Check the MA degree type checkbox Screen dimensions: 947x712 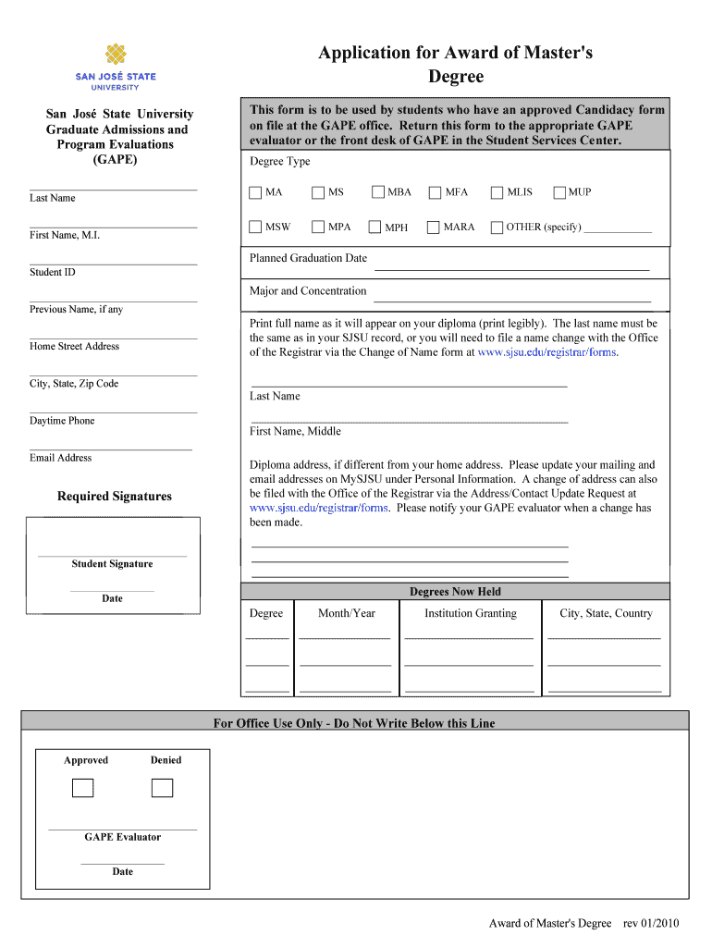[256, 192]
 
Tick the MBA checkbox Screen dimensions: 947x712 [378, 192]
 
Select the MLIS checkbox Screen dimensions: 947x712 [497, 192]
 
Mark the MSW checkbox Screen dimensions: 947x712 [256, 227]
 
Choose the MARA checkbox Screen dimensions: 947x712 [434, 227]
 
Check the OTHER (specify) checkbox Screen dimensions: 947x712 [497, 227]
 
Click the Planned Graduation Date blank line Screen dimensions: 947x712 [510, 267]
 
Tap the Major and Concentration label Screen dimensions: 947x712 [308, 291]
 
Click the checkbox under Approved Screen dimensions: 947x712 [83, 788]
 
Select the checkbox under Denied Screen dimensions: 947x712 [163, 788]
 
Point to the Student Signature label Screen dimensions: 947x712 [112, 564]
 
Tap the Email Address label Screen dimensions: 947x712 [61, 458]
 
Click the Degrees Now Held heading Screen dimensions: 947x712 [455, 592]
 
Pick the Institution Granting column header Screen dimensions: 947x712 [470, 613]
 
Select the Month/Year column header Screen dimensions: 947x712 [347, 613]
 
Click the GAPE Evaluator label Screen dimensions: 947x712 [122, 837]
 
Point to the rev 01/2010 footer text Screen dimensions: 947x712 [651, 923]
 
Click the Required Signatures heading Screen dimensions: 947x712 [115, 497]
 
